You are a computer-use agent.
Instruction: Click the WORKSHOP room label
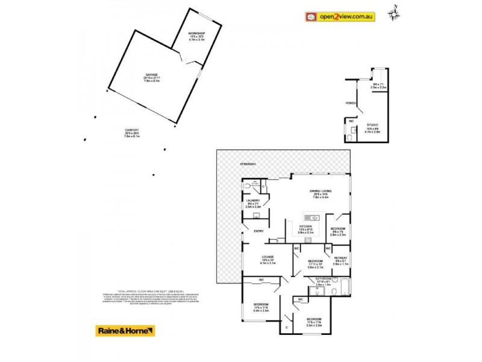[197, 33]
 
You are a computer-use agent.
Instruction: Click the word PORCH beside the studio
[350, 104]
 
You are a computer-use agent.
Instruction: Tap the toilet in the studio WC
[350, 138]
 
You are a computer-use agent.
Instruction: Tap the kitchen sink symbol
[311, 217]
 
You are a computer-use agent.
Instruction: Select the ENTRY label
[259, 230]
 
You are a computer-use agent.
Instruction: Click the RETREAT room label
[341, 258]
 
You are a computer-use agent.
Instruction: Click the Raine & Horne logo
[125, 331]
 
